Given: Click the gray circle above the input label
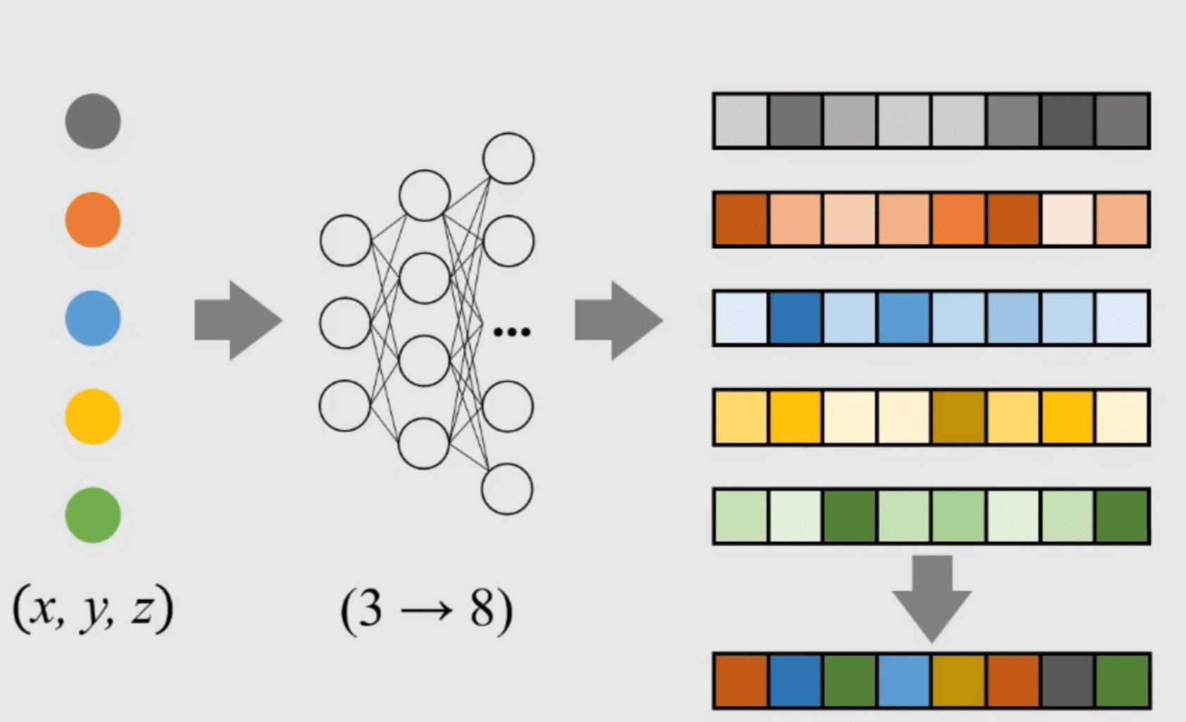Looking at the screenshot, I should (93, 121).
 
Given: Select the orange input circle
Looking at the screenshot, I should (93, 220).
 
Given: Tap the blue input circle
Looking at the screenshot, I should (93, 318).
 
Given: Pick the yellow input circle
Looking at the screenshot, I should (93, 417).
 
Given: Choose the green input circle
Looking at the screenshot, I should (93, 515).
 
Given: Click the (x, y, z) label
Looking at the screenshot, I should (93, 609).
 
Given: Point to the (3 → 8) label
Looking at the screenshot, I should (427, 610).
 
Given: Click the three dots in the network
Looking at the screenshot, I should (512, 332).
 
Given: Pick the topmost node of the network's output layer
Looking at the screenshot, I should (508, 158).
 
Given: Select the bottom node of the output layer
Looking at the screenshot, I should (507, 489).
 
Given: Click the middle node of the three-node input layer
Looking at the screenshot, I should (345, 323).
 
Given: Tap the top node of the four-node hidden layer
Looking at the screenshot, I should (425, 195).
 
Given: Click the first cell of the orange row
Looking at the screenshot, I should (741, 220).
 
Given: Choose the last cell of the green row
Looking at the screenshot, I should (1122, 516).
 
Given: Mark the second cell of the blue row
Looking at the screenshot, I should (795, 318).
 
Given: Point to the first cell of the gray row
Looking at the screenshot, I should (741, 121).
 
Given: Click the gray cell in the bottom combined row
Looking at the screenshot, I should (1068, 680).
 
